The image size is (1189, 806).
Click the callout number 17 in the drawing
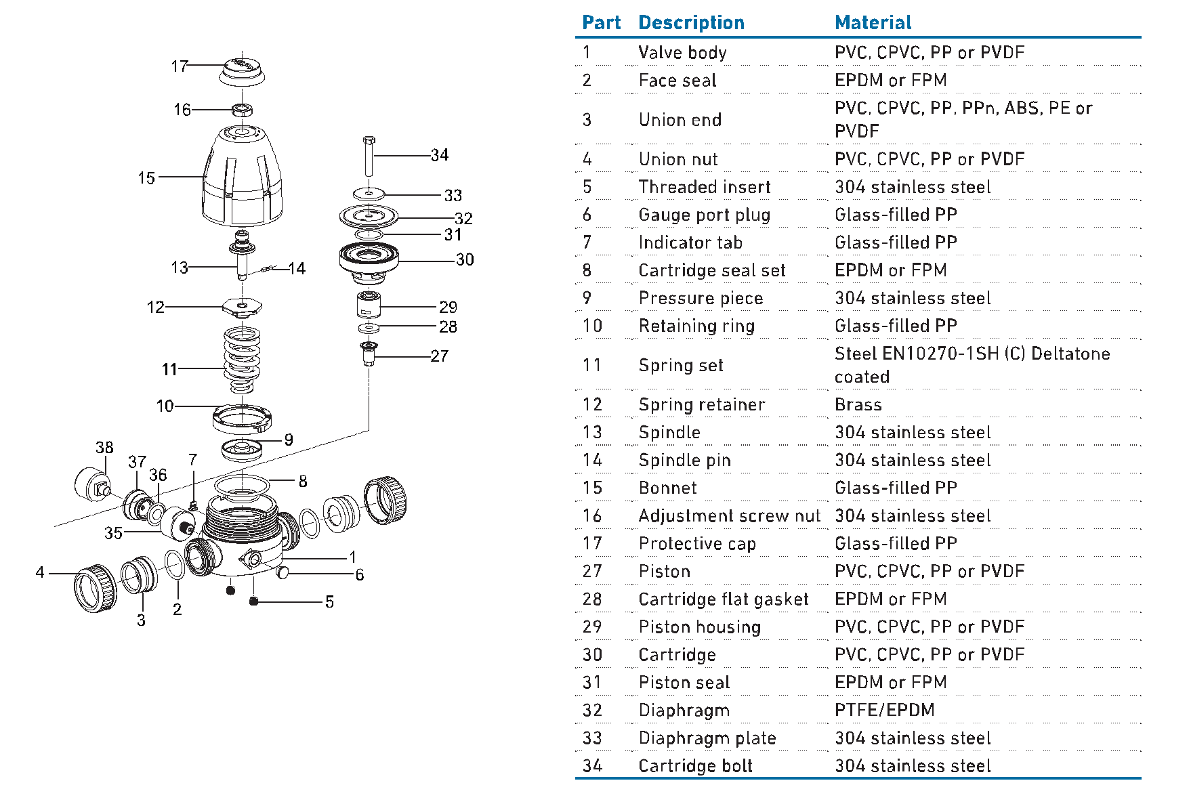[179, 66]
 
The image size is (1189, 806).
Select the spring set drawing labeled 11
[242, 360]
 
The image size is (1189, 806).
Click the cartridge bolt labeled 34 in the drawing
[369, 158]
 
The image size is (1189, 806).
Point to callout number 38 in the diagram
[104, 448]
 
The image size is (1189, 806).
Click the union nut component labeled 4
[94, 589]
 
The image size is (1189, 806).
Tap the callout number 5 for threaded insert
[329, 602]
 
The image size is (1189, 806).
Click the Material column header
[873, 23]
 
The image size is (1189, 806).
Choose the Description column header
[691, 23]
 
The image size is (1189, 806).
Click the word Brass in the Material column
[858, 405]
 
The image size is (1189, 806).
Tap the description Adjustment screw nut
[729, 516]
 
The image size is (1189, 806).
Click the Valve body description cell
[682, 53]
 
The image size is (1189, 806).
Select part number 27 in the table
[592, 572]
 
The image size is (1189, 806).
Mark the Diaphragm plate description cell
[707, 738]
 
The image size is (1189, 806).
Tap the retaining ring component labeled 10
[242, 418]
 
